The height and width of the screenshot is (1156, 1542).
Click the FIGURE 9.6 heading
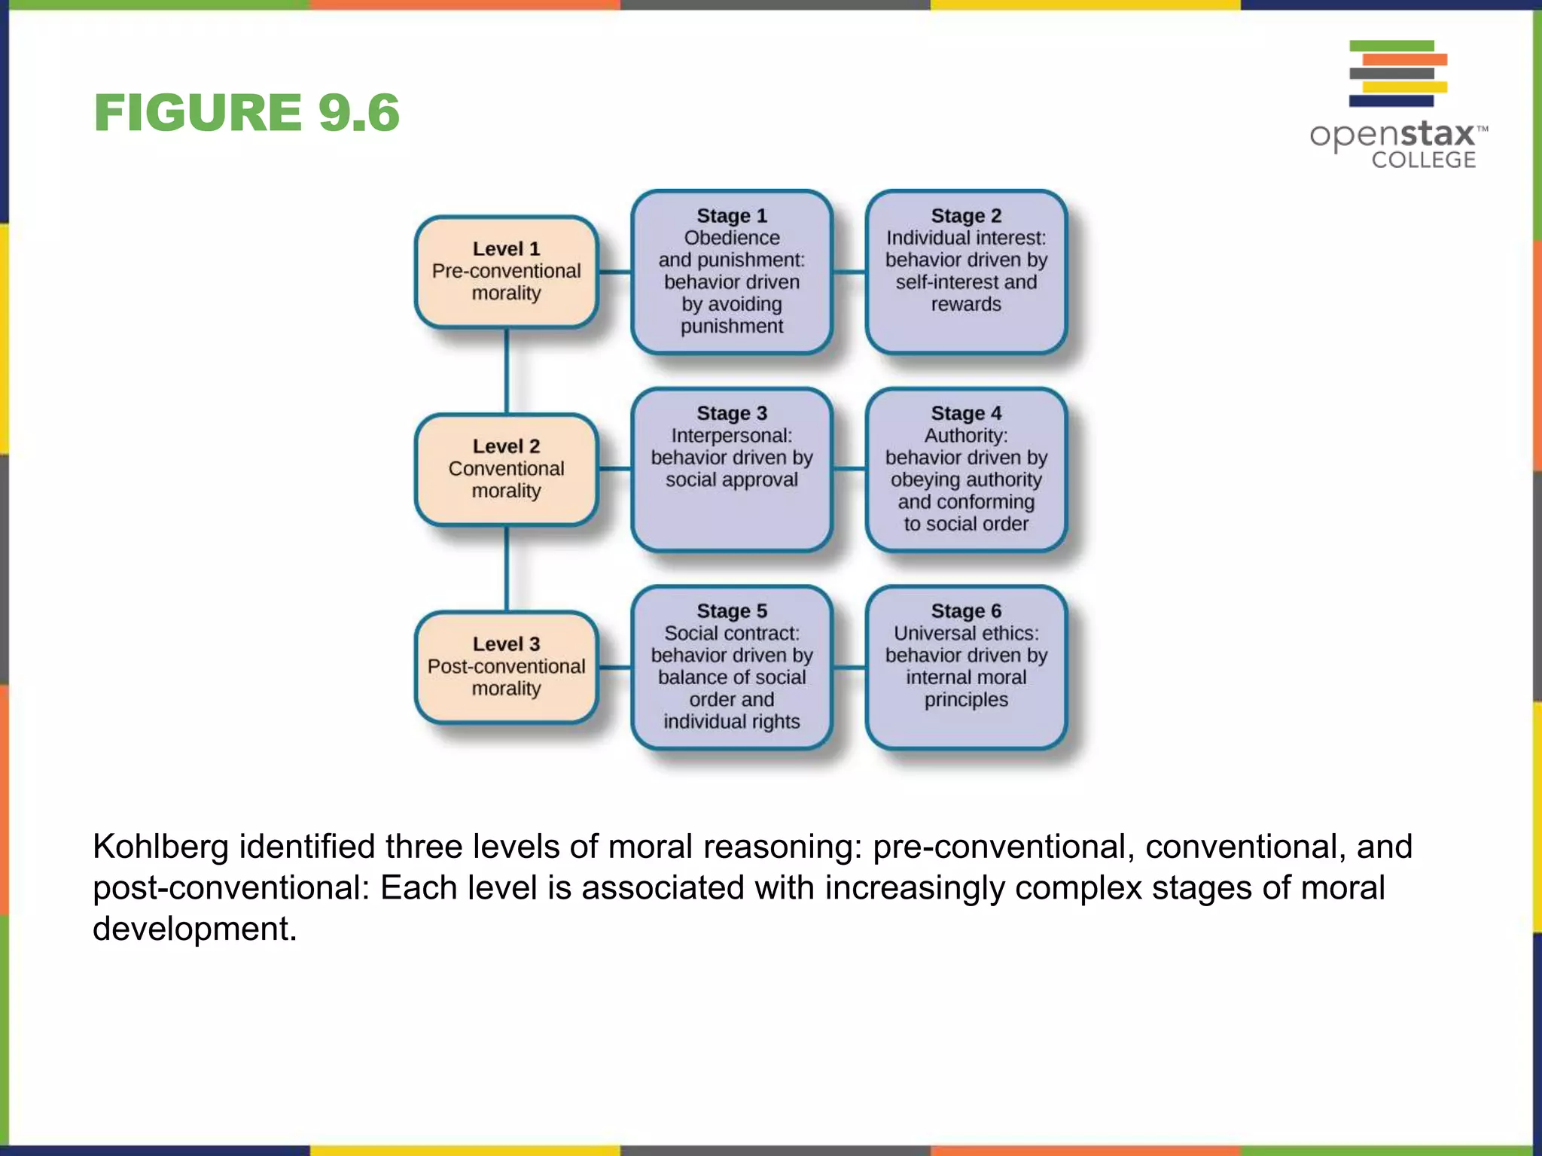[x=246, y=113]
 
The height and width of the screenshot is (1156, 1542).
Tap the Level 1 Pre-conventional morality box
[x=506, y=272]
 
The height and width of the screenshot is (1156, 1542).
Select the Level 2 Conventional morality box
[x=506, y=469]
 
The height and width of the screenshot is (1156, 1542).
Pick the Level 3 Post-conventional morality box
[x=506, y=667]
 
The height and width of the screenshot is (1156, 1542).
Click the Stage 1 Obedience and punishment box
[x=731, y=272]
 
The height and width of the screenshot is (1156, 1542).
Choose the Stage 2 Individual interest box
[x=966, y=272]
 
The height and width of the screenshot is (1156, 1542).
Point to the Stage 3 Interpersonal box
[x=731, y=469]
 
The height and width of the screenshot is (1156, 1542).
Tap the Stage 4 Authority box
[x=966, y=469]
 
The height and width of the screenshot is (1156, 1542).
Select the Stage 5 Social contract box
[x=731, y=667]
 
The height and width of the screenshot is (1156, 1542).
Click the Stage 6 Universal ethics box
[x=966, y=667]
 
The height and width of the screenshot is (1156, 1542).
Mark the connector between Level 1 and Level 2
[x=507, y=371]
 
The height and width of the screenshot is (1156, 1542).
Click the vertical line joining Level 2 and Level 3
[x=507, y=568]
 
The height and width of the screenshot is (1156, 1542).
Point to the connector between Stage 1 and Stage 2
[x=849, y=272]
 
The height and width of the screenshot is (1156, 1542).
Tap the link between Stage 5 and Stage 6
[x=849, y=667]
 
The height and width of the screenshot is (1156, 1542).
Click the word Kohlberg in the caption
[x=160, y=847]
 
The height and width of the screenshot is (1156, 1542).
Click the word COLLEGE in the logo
[x=1423, y=160]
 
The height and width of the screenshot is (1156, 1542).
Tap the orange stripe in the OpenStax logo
[x=1405, y=59]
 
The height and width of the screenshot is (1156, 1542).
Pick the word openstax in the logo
[x=1393, y=135]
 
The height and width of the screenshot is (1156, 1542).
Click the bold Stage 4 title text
[x=966, y=413]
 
